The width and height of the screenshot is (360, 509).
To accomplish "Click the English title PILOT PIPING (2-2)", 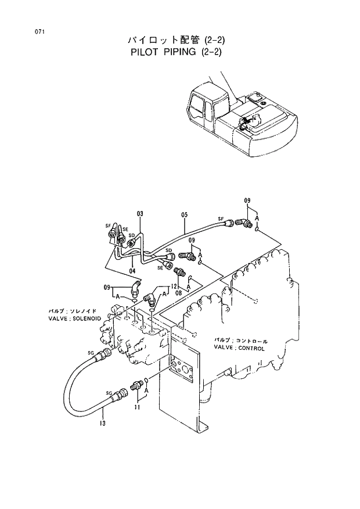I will (x=175, y=52).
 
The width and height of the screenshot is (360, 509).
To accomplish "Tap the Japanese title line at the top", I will (x=175, y=40).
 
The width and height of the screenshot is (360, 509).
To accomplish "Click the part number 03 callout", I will (x=140, y=214).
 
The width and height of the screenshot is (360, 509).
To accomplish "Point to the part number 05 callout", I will (x=184, y=214).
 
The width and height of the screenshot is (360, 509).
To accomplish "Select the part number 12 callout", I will (x=174, y=286).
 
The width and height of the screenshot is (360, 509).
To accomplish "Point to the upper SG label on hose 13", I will (x=91, y=353).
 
